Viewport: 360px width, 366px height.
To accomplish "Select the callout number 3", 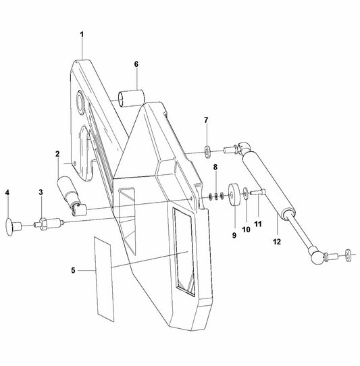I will (x=41, y=192).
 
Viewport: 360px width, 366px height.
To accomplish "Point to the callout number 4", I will (x=7, y=192).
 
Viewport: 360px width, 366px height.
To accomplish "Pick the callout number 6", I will (x=136, y=64).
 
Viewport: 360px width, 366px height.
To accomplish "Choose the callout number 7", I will (x=207, y=120).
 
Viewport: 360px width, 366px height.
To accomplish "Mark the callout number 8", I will (x=215, y=166).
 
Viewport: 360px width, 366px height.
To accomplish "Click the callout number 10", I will (x=247, y=229).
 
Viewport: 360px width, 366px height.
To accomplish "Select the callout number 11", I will (x=257, y=223).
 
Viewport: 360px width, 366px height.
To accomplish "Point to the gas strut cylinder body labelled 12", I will (x=273, y=182).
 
